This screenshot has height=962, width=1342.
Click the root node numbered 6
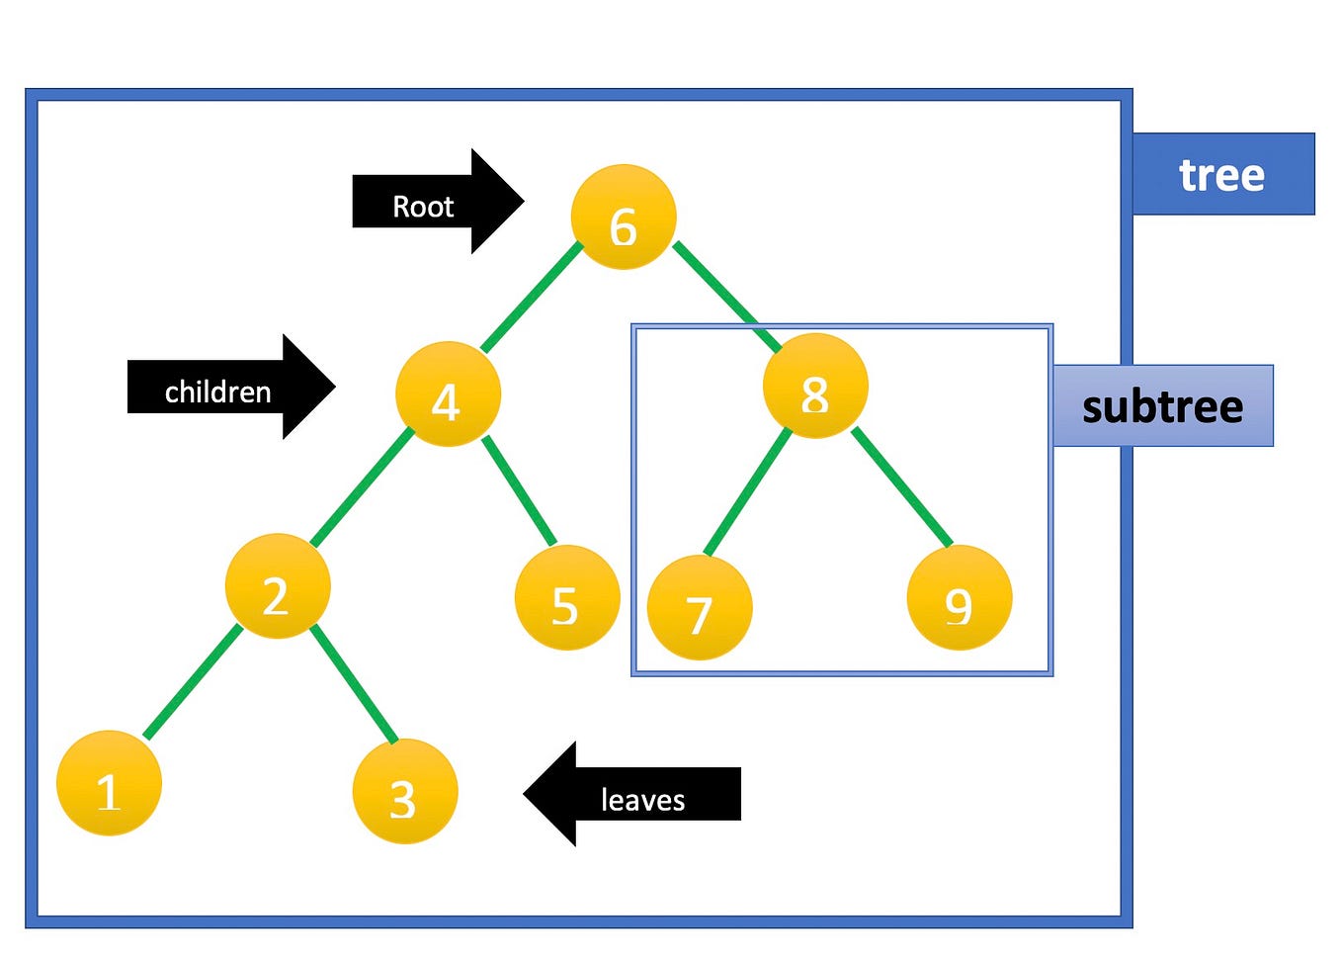(624, 218)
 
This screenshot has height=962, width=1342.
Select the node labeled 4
(448, 394)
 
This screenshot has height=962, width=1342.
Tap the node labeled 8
(815, 387)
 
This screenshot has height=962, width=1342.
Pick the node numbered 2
(278, 586)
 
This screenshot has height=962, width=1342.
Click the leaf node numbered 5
(567, 597)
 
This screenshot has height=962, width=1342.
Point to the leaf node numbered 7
(700, 607)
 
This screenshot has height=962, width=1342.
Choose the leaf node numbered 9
(959, 597)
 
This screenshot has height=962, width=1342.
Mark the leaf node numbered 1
(109, 783)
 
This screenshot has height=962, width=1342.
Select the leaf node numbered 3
(404, 791)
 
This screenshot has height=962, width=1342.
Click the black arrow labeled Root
(435, 202)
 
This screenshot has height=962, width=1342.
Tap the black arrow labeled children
(227, 388)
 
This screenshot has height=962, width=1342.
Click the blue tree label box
(1222, 174)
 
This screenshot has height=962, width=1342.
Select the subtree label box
(1162, 406)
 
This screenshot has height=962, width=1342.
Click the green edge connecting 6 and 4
(533, 296)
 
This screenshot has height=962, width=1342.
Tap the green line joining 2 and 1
(193, 682)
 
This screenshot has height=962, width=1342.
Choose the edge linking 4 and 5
(520, 490)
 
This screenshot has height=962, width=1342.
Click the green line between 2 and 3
(354, 683)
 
